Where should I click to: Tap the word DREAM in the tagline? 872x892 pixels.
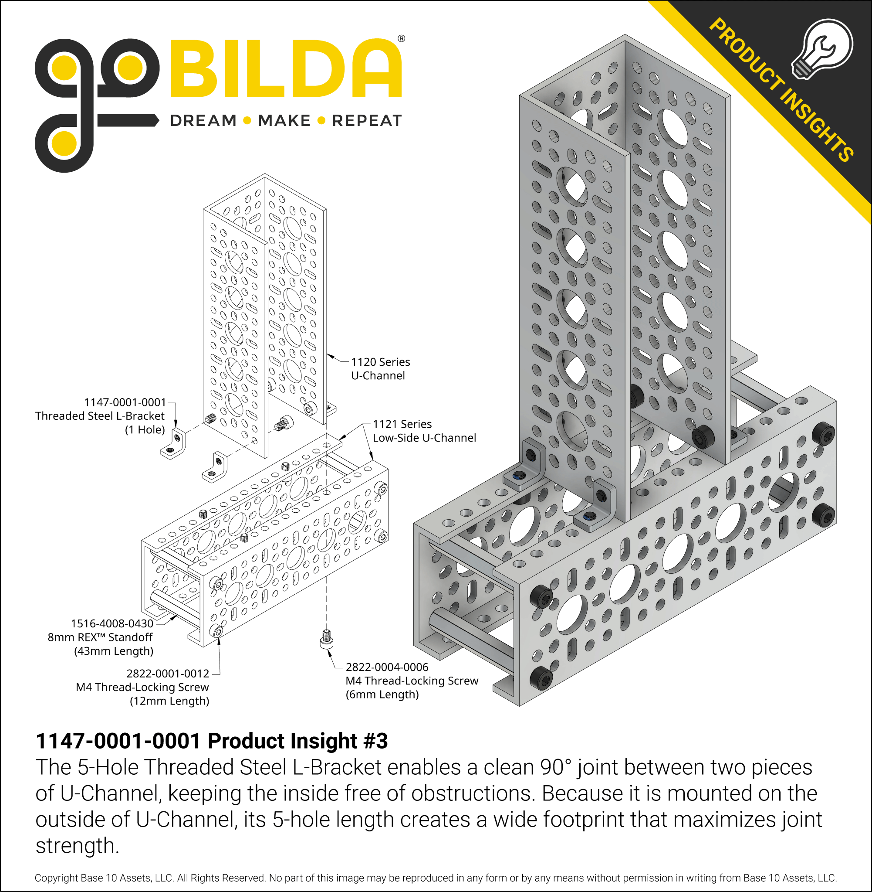click(203, 121)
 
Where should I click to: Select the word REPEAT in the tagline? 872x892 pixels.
click(367, 121)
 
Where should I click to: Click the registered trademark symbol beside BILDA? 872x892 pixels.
click(401, 39)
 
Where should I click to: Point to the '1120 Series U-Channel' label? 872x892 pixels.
click(380, 368)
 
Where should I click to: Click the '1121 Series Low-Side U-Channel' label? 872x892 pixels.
click(424, 431)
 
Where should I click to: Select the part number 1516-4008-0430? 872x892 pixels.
click(112, 623)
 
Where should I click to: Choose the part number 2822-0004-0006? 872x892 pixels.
click(387, 667)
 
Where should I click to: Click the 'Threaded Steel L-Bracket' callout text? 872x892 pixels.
click(100, 416)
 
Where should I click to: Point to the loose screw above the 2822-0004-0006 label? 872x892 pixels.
click(326, 639)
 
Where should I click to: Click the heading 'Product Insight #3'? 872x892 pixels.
click(297, 741)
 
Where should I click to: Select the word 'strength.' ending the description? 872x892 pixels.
click(77, 846)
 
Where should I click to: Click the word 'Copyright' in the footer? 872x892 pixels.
click(56, 878)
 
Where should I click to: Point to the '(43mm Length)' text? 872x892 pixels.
click(114, 651)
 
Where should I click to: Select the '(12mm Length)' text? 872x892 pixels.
click(169, 701)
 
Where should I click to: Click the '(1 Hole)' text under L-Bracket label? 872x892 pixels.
click(145, 429)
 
